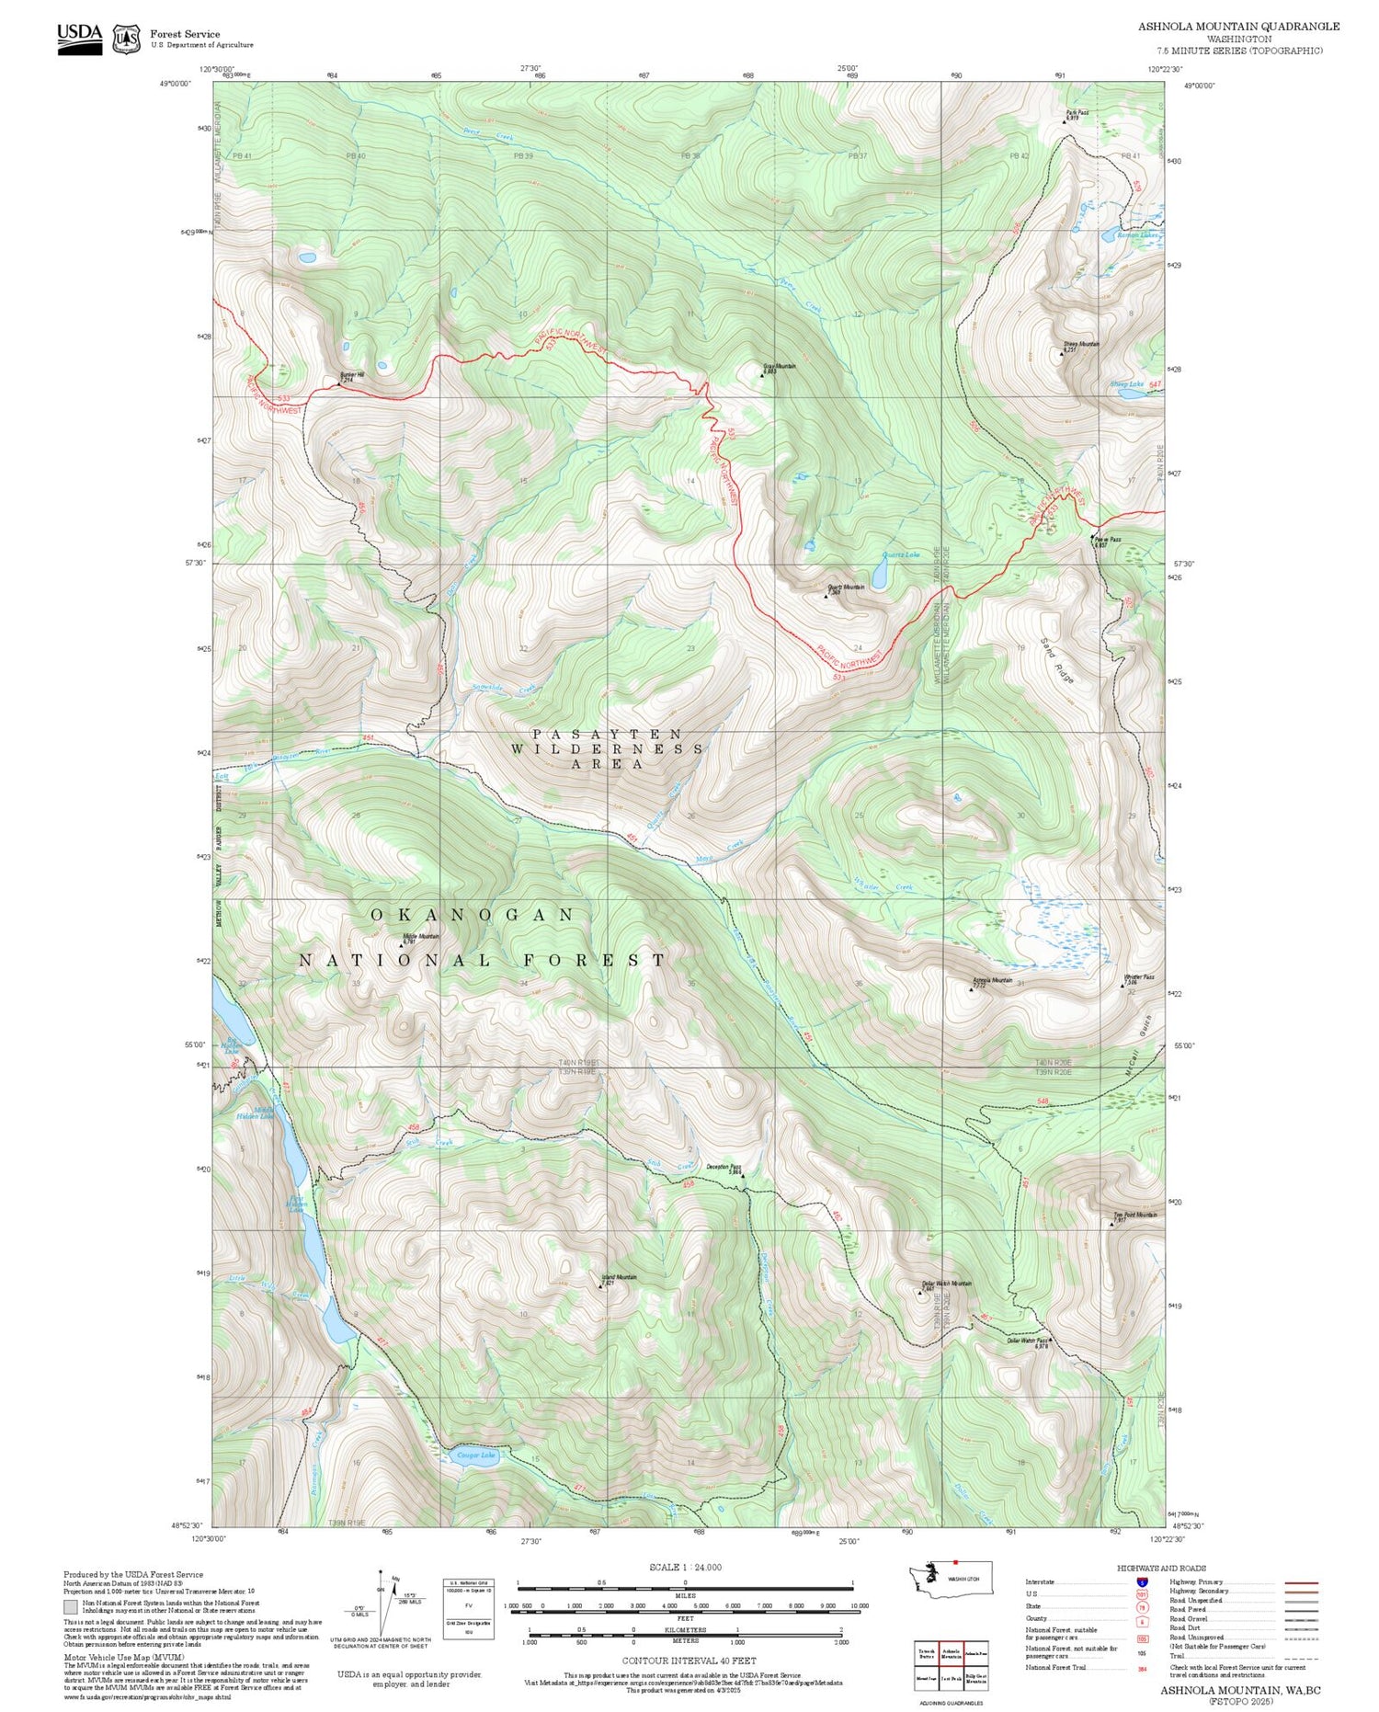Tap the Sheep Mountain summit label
[1081, 346]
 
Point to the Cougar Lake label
[475, 1455]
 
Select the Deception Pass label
[724, 1169]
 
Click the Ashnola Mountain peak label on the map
[992, 981]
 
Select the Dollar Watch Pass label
[1028, 1341]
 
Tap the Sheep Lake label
[1126, 383]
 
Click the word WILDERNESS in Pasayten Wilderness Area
[608, 748]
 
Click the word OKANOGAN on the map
[473, 915]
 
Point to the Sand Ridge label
[1057, 660]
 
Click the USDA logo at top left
[80, 38]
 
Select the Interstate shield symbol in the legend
[1142, 1581]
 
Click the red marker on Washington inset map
[955, 1562]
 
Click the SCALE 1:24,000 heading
[685, 1567]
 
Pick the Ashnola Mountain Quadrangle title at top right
[1238, 26]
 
